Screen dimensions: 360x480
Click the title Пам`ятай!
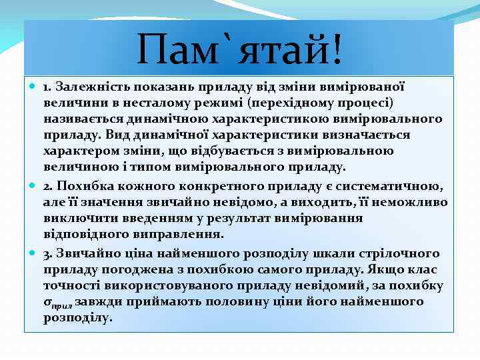click(239, 49)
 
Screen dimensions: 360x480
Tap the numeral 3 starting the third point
click(47, 253)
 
